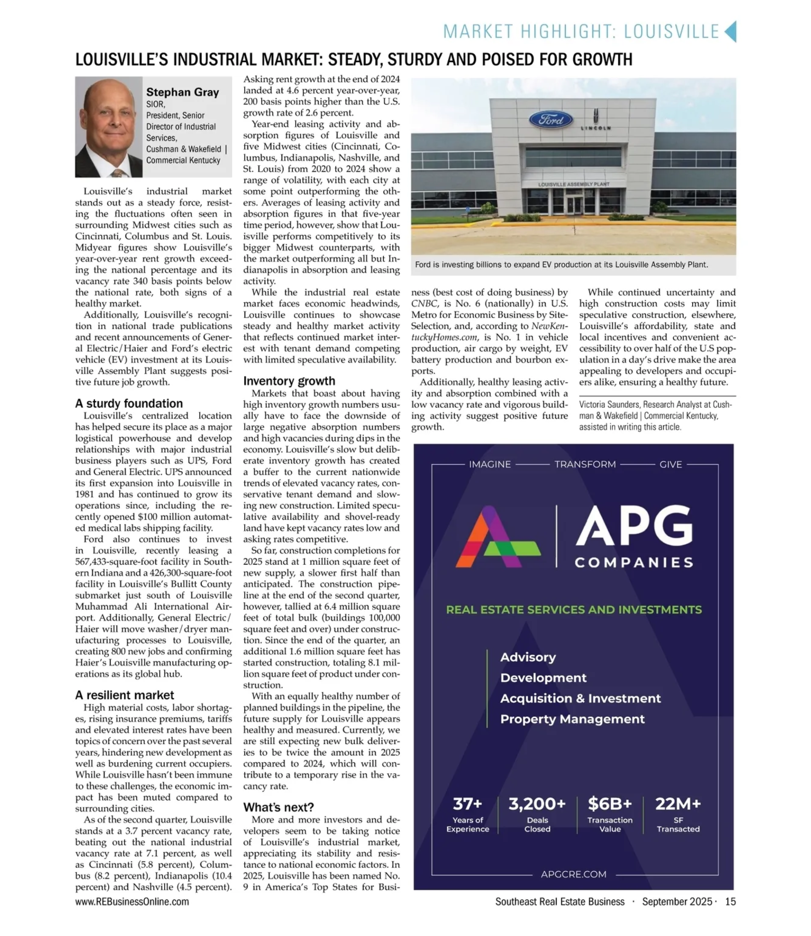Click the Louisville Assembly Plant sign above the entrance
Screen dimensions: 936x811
573,184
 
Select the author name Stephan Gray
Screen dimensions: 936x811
182,93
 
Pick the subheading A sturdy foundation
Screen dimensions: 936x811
129,403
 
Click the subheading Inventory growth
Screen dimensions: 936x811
289,381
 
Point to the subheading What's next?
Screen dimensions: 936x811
278,807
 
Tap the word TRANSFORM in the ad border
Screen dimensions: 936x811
585,464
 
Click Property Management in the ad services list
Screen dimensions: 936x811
572,719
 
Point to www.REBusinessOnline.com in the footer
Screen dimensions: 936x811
132,901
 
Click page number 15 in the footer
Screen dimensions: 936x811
730,901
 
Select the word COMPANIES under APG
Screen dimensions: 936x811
634,563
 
